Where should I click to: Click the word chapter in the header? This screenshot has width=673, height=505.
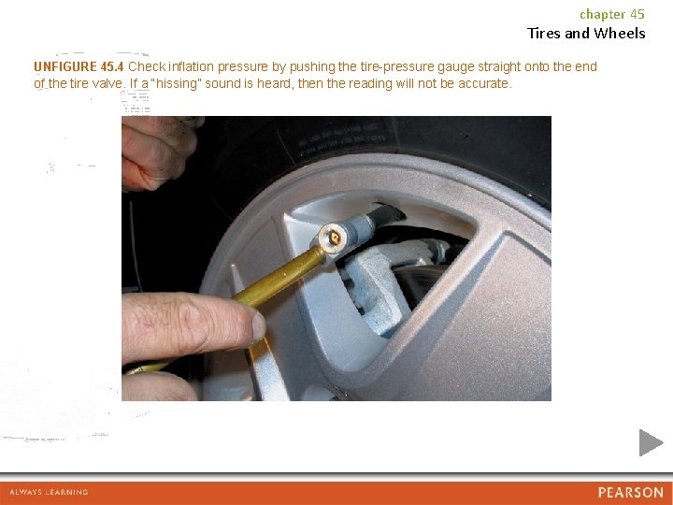click(603, 15)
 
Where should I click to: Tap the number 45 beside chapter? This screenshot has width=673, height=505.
click(637, 14)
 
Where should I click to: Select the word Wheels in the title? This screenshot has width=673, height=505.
click(620, 33)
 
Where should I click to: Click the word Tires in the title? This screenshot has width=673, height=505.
click(544, 33)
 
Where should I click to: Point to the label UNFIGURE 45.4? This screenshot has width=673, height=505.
click(79, 66)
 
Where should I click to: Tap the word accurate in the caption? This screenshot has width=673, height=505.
click(484, 83)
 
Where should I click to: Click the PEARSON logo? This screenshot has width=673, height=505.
click(631, 492)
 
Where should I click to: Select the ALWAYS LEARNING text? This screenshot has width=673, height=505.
click(49, 492)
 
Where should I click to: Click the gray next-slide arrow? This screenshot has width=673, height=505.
click(651, 442)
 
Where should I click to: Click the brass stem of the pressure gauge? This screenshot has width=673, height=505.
click(279, 278)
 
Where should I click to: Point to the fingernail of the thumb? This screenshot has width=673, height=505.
click(259, 326)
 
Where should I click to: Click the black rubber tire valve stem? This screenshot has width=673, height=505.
click(387, 213)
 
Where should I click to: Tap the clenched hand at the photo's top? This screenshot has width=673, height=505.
click(158, 152)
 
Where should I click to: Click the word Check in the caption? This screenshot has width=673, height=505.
click(147, 66)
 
